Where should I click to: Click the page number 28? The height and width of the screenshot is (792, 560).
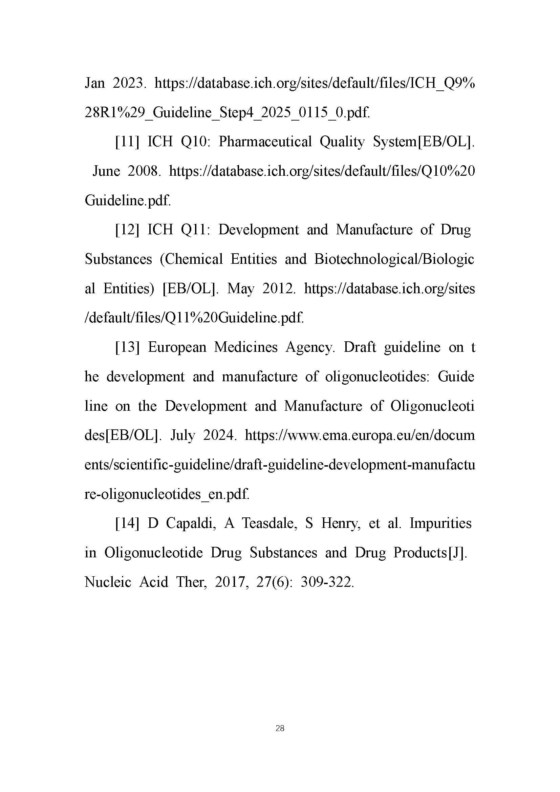[x=280, y=728]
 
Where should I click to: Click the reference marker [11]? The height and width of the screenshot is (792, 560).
[x=127, y=142]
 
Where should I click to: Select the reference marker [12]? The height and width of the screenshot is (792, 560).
[x=127, y=230]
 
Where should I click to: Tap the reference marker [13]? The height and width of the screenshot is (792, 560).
[x=127, y=347]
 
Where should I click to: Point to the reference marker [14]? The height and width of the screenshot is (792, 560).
[x=127, y=523]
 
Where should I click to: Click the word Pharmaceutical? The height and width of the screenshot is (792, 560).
[x=265, y=142]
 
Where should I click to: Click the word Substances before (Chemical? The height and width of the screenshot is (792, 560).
[x=118, y=259]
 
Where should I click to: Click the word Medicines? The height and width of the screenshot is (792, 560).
[x=245, y=347]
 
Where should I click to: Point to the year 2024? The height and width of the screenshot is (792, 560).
[x=220, y=435]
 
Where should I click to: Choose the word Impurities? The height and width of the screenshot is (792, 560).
[x=440, y=523]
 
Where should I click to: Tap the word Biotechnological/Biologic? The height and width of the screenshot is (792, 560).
[x=394, y=259]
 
